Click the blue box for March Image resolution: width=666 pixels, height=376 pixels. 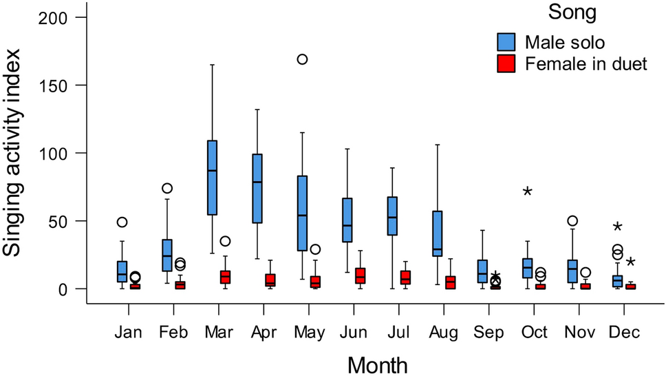212,178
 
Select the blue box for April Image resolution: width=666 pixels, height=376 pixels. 257,188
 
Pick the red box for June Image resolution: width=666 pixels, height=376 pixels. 361,275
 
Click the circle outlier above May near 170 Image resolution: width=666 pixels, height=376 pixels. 301,59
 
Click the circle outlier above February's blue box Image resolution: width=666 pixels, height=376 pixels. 166,189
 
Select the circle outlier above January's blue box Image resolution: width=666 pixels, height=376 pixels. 122,222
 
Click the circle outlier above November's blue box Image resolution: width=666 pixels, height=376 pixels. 572,220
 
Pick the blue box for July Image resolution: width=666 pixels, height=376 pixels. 392,216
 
